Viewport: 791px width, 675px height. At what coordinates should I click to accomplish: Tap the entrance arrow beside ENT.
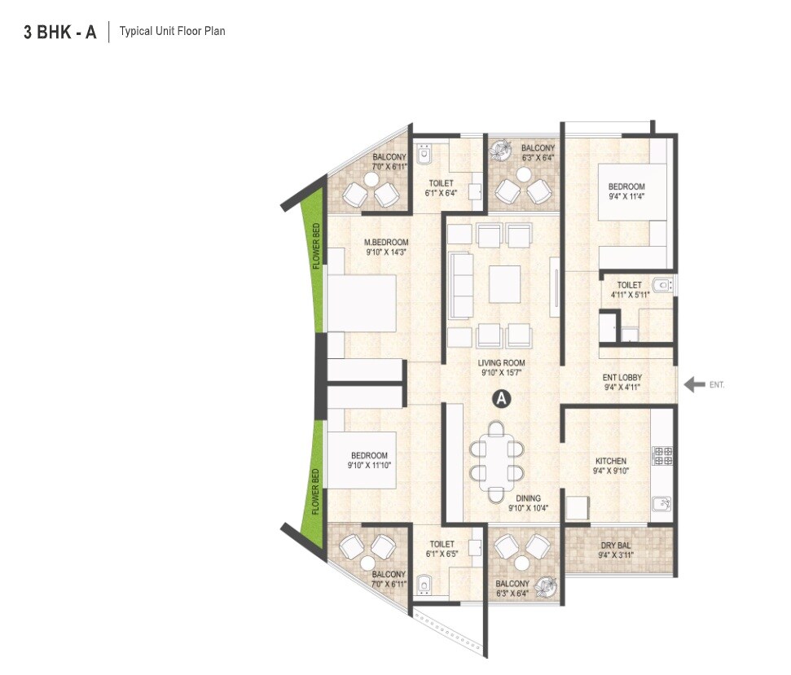pos(694,384)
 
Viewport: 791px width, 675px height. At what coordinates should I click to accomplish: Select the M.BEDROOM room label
pos(386,243)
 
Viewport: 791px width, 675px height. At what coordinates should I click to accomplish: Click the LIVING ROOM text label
pos(502,363)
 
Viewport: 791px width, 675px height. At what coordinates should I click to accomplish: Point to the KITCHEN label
pos(610,462)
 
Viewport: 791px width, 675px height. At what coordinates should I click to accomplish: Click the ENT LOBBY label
pos(622,378)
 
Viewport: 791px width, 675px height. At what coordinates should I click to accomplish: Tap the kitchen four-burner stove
pos(661,455)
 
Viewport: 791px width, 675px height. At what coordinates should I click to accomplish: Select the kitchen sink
pos(661,505)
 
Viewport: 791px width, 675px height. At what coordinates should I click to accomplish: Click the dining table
pos(496,460)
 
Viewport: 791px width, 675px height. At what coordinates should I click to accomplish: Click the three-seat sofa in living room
pos(460,285)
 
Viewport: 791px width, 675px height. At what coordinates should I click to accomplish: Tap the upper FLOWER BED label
pos(316,247)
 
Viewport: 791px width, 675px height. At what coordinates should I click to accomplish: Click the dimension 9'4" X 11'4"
pos(626,196)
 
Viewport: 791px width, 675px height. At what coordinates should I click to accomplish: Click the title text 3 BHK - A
pos(60,33)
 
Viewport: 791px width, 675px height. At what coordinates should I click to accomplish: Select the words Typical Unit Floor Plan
pos(172,32)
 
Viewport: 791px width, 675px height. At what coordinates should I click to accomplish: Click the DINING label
pos(527,498)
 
